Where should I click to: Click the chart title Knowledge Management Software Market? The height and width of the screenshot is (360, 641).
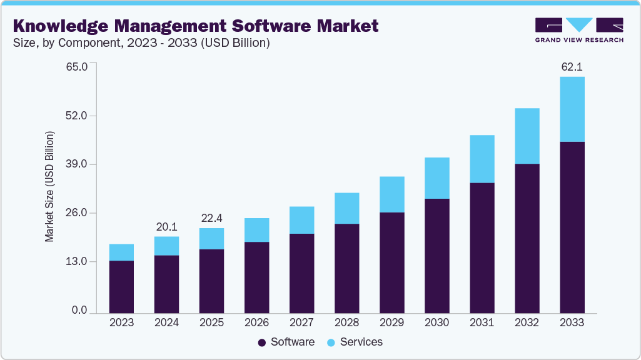pyautogui.click(x=196, y=26)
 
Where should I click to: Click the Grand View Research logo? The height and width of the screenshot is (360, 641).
pyautogui.click(x=579, y=30)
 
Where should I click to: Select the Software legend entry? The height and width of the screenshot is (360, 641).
pyautogui.click(x=287, y=342)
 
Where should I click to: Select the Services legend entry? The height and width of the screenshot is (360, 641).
pyautogui.click(x=356, y=342)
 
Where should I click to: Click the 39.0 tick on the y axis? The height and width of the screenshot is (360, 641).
pyautogui.click(x=80, y=164)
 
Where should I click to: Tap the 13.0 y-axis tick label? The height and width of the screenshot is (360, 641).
pyautogui.click(x=80, y=261)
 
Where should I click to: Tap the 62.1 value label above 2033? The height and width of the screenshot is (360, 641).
pyautogui.click(x=572, y=66)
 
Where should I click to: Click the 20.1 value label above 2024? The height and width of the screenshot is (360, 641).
pyautogui.click(x=166, y=226)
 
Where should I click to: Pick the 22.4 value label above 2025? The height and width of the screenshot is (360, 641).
pyautogui.click(x=211, y=218)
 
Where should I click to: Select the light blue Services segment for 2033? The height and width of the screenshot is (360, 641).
pyautogui.click(x=572, y=109)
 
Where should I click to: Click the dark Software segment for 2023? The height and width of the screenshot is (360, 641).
pyautogui.click(x=121, y=286)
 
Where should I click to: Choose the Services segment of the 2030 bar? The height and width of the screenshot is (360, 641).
pyautogui.click(x=437, y=178)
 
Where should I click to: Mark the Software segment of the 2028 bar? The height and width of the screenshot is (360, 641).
pyautogui.click(x=346, y=268)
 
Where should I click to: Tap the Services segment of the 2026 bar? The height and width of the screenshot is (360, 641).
pyautogui.click(x=256, y=230)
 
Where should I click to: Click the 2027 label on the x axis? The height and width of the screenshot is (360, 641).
pyautogui.click(x=301, y=322)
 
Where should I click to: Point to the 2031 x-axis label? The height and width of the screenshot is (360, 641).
pyautogui.click(x=482, y=322)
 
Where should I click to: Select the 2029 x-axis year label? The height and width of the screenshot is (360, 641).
pyautogui.click(x=391, y=322)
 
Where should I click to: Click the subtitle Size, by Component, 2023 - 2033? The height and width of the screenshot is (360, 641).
pyautogui.click(x=141, y=44)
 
